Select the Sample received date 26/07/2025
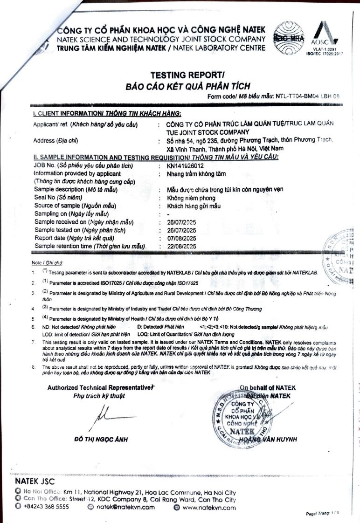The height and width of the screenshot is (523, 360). click(x=181, y=222)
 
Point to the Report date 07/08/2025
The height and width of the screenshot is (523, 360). click(x=181, y=238)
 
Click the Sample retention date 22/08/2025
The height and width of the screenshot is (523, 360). click(x=181, y=246)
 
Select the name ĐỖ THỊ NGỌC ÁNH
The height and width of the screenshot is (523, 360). click(x=101, y=439)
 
